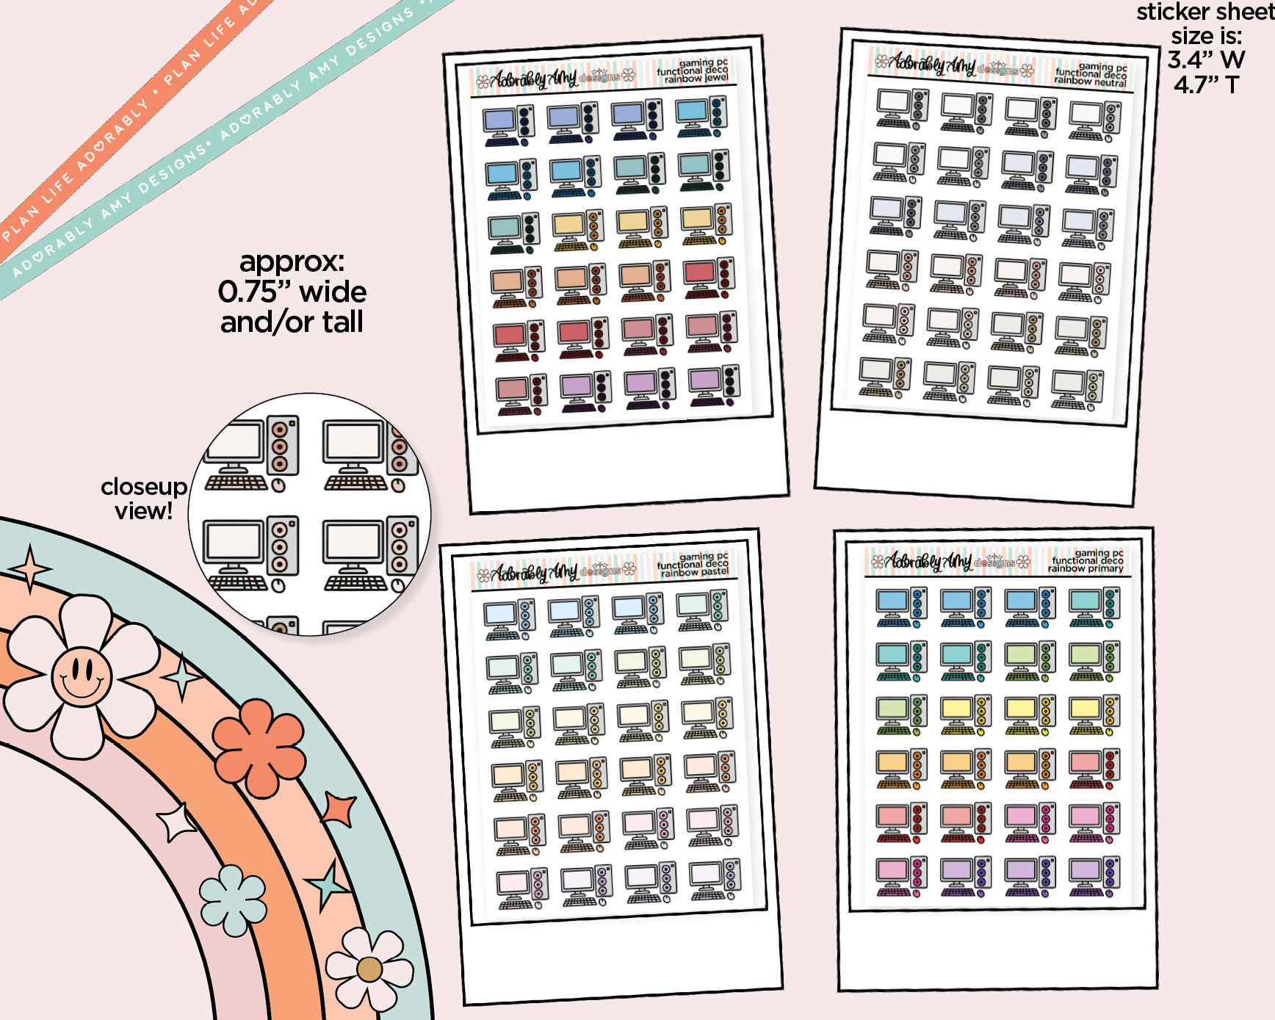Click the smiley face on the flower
point(82,675)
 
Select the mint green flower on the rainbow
point(233,900)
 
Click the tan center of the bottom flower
point(369,969)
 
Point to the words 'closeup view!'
point(144,499)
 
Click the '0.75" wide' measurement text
point(292,292)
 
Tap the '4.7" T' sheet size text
point(1206,85)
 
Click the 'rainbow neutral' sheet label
point(1090,82)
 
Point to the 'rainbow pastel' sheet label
point(694,572)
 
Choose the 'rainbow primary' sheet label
point(1086,568)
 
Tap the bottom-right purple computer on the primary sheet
point(1094,877)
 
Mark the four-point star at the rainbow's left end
point(29,568)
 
